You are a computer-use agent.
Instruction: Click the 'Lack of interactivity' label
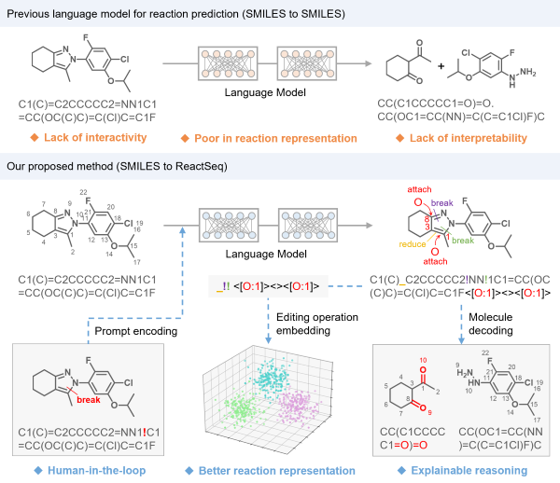[93, 138]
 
